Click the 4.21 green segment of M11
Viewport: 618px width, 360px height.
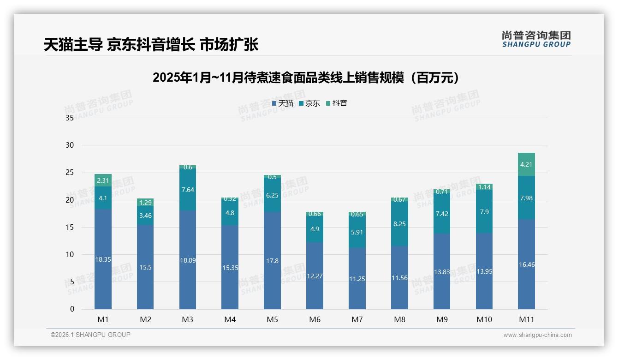526,164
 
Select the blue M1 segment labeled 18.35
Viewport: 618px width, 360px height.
103,259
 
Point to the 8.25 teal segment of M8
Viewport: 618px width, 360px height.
399,223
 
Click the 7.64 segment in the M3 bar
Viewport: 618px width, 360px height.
187,190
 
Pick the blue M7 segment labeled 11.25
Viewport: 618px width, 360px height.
357,278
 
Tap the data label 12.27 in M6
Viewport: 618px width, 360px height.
315,276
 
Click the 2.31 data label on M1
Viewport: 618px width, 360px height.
103,180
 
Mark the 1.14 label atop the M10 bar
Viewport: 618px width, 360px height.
484,187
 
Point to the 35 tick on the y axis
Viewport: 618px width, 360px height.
70,118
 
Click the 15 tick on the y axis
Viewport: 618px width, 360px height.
70,227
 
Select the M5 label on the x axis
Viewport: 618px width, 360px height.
272,319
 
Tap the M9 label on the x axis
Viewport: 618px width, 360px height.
441,319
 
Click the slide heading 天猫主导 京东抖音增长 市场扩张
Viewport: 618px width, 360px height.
151,44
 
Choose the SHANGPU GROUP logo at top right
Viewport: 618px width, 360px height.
536,39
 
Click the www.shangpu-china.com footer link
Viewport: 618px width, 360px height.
537,335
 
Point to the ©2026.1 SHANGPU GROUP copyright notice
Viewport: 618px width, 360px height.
90,335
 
